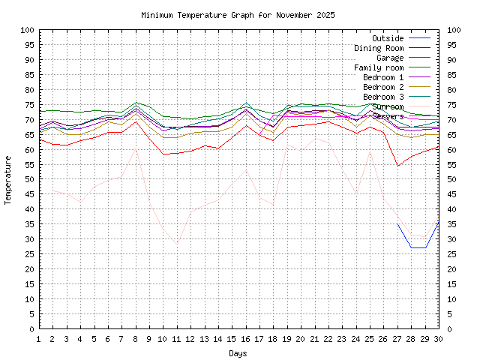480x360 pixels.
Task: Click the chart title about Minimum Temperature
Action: [238, 15]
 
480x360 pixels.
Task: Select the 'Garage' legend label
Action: [390, 58]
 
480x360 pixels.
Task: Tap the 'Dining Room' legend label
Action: [379, 48]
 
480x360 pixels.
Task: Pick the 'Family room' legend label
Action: [379, 67]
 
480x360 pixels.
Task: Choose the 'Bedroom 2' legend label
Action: [383, 87]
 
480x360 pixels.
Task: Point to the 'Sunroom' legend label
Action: [388, 106]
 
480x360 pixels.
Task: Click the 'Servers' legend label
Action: [388, 116]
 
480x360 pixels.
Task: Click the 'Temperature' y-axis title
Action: [9, 180]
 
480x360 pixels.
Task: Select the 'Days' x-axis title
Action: [238, 352]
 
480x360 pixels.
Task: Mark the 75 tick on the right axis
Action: [453, 105]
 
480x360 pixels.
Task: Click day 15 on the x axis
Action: [232, 339]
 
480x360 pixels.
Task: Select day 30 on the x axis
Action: [439, 339]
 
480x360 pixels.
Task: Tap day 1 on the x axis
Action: [39, 339]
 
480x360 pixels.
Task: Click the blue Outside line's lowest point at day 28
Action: [412, 247]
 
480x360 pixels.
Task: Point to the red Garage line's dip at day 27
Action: [397, 166]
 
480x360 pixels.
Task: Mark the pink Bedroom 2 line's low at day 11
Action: [177, 244]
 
